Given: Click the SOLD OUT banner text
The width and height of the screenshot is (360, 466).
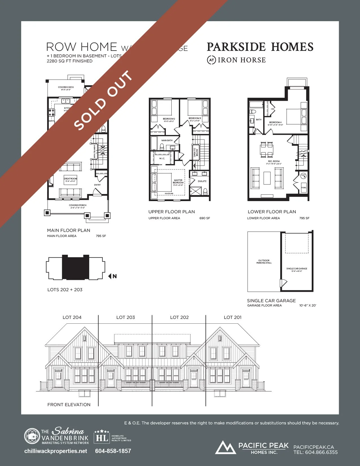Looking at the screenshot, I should click(x=104, y=100).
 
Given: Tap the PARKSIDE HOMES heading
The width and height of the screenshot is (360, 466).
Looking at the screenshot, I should click(x=260, y=47).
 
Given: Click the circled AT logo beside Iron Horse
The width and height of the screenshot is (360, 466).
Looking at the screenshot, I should click(x=211, y=60).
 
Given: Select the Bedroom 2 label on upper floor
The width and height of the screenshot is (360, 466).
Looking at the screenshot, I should click(x=169, y=119).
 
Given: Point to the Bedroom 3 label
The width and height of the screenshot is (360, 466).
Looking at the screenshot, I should click(x=195, y=118).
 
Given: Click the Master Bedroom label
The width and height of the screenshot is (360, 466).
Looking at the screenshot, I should click(x=178, y=181).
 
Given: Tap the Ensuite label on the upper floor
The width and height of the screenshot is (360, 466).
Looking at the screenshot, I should click(x=202, y=181).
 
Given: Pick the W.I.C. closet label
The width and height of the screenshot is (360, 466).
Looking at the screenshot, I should click(x=162, y=158).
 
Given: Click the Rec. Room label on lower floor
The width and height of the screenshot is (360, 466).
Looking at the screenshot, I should click(x=274, y=161).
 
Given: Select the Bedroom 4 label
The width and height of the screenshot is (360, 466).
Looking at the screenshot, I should click(x=275, y=122).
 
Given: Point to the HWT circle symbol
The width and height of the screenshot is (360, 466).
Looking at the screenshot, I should click(x=304, y=176).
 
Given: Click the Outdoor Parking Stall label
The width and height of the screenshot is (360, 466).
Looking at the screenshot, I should click(x=264, y=262).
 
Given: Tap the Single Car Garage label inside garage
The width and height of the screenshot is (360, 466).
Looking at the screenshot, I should click(x=297, y=269).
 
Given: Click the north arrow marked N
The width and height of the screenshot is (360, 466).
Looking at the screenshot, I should click(x=112, y=276).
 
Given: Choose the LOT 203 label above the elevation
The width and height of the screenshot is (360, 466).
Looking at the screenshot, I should click(x=126, y=317).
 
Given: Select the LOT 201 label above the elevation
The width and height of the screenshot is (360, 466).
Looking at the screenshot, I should click(x=233, y=317).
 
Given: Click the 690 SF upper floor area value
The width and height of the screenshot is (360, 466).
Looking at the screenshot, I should click(x=205, y=218).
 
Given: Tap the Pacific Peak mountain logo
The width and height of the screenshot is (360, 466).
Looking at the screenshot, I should click(x=225, y=447).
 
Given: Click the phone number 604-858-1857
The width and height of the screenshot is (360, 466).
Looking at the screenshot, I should click(x=113, y=451).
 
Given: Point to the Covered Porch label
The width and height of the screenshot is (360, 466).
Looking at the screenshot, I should click(x=78, y=205).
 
